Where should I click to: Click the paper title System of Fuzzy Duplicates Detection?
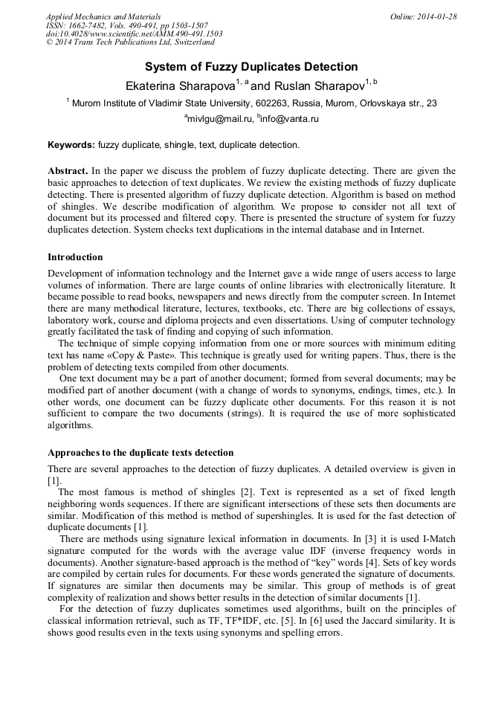251,67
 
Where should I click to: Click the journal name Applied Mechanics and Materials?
103,16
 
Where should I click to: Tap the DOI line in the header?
134,34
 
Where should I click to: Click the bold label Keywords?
71,144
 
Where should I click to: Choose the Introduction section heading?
75,257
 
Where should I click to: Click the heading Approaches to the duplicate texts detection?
140,453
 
